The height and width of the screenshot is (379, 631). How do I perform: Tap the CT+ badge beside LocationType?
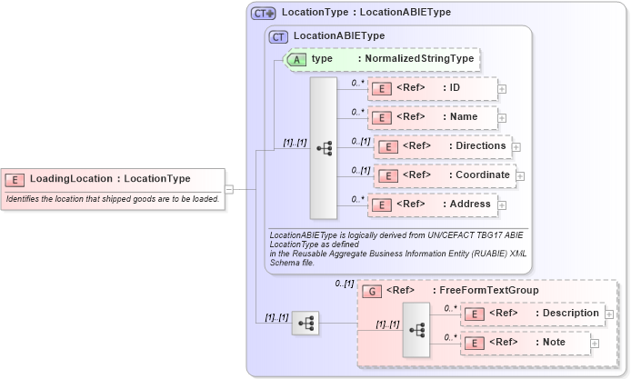coord(264,14)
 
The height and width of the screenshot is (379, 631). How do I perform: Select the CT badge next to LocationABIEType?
coord(279,36)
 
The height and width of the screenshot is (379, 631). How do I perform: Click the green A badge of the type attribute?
coord(297,59)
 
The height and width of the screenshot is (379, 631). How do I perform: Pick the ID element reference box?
coord(432,88)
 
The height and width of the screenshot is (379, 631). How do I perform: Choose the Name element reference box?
coord(432,117)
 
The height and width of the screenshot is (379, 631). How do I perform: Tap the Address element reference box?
coord(432,204)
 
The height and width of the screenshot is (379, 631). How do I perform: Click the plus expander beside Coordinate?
coord(520,176)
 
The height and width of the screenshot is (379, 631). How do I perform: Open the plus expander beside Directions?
coord(516,147)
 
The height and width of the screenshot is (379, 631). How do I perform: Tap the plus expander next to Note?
coord(595,344)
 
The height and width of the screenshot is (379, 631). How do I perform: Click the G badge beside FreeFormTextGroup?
coord(372,291)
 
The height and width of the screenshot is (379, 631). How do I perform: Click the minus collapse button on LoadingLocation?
coord(229,190)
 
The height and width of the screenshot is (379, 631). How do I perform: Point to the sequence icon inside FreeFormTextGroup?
coord(416,329)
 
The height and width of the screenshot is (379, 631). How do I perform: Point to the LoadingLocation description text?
coord(113,199)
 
